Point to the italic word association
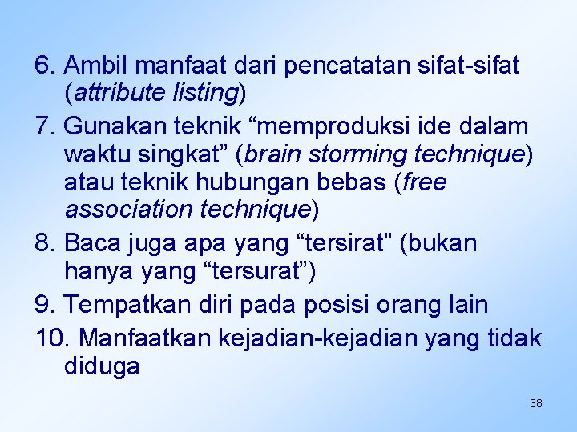(x=123, y=210)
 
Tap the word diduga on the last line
(x=102, y=367)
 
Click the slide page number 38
(x=536, y=403)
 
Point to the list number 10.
(x=51, y=338)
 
